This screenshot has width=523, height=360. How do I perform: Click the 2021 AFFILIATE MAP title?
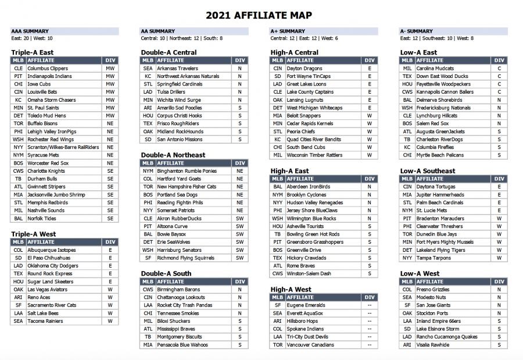click(261, 15)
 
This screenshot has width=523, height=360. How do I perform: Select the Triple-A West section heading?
click(33, 234)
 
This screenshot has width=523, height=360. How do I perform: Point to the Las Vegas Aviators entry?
click(47, 289)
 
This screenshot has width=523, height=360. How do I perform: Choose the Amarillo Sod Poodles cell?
click(180, 108)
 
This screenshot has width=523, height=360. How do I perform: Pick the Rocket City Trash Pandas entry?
click(185, 305)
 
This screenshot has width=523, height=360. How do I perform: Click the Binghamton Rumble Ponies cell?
click(187, 171)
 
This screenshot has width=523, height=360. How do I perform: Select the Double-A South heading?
click(166, 273)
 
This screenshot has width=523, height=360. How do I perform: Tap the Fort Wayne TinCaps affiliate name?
click(309, 76)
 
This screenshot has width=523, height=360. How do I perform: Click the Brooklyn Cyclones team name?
click(306, 195)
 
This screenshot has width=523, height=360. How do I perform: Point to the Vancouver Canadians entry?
click(310, 344)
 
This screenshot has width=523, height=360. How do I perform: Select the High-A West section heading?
click(291, 289)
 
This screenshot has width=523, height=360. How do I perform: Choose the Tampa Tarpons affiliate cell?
click(434, 258)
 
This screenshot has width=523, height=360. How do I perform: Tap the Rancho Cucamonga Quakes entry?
click(446, 337)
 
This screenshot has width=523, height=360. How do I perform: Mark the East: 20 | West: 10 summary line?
click(32, 38)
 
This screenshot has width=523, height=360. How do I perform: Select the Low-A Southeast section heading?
click(428, 171)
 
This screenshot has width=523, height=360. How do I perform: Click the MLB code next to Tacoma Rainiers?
click(18, 320)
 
